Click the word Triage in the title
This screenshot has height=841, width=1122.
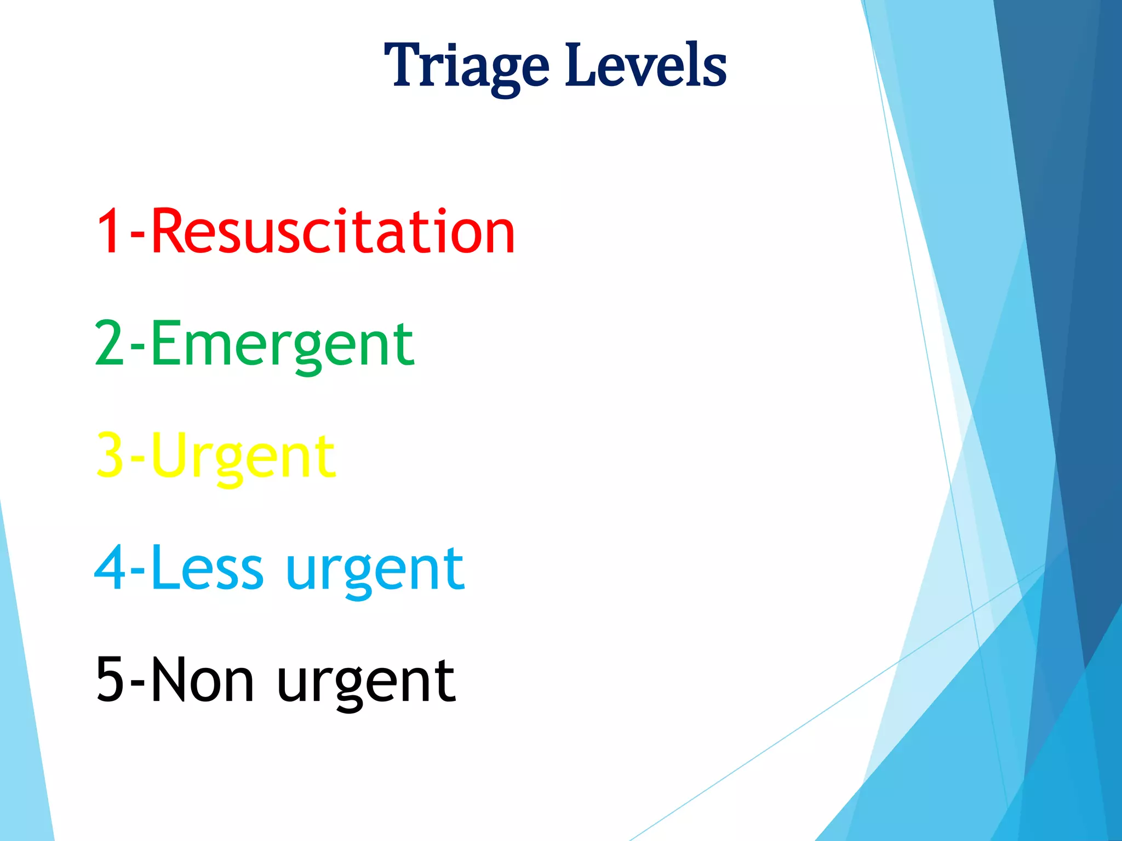[x=466, y=67]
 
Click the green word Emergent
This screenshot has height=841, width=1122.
[x=282, y=345]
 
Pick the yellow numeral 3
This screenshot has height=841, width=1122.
[x=110, y=456]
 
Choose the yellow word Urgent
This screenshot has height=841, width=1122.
[x=243, y=457]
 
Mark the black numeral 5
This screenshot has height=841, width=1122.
[x=110, y=681]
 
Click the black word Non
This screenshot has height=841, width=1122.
[x=202, y=681]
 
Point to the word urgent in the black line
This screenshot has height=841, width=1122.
[x=366, y=683]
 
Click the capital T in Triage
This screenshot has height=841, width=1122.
[x=404, y=66]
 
